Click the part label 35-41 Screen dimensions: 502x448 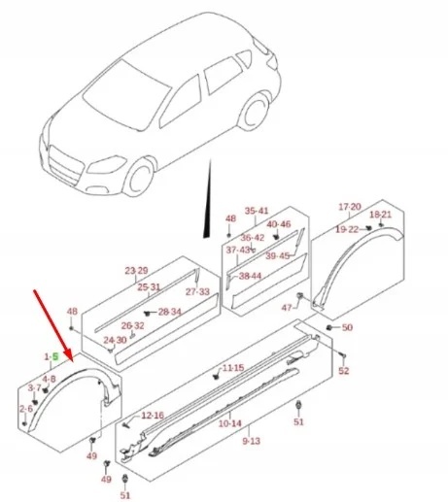coord(257,211)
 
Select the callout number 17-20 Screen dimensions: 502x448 coord(349,207)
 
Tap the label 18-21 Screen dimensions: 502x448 coord(381,214)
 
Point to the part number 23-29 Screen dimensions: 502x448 coord(136,270)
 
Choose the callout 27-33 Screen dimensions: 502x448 coord(197,291)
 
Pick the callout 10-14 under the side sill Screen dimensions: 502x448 coord(229,423)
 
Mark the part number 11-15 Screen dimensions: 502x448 coord(233,369)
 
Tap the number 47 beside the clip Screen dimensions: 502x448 coord(287,308)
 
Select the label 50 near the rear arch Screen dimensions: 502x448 coord(347,328)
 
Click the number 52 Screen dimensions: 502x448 coord(343,372)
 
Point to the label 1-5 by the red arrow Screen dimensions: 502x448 coord(52,357)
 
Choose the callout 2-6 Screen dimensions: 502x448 coord(25,409)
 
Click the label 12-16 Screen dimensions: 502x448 coord(153,416)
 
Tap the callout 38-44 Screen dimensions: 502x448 coord(250,276)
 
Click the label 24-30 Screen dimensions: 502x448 coord(115,341)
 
